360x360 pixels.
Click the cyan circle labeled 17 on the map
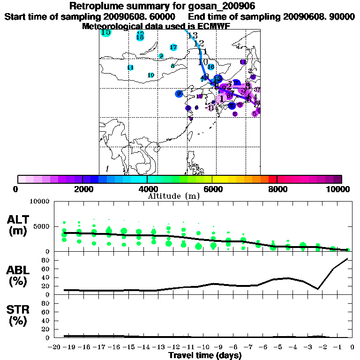pyautogui.click(x=173, y=47)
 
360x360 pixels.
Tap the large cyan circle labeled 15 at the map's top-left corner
pyautogui.click(x=106, y=32)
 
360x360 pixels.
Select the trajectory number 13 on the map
pyautogui.click(x=192, y=36)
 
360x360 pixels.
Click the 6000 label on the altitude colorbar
pyautogui.click(x=212, y=189)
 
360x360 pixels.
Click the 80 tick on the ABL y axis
pyautogui.click(x=46, y=260)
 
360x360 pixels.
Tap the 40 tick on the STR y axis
pyautogui.click(x=46, y=321)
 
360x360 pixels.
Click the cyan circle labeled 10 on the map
pyautogui.click(x=151, y=75)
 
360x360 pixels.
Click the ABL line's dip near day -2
pyautogui.click(x=318, y=289)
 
